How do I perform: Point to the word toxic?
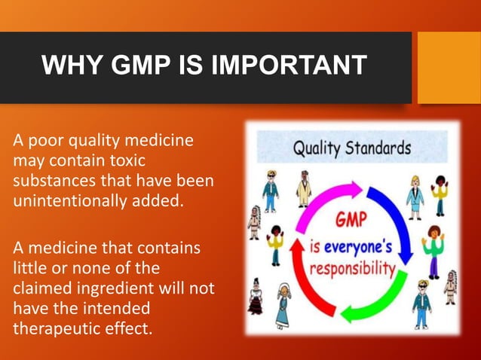[x=121, y=160]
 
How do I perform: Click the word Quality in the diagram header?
[x=316, y=148]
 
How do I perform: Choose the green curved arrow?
[x=381, y=301]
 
